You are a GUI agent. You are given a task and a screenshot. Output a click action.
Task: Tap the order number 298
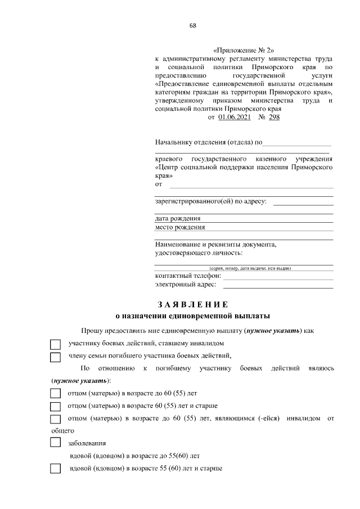pos(273,117)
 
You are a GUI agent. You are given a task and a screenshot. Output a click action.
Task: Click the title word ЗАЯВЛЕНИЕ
pos(193,305)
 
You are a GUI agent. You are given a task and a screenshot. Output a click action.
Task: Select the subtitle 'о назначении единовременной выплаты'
pos(192,316)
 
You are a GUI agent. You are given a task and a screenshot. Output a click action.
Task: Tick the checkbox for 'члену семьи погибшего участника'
pos(55,357)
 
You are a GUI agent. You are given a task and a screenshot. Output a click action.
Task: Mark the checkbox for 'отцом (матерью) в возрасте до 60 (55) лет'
pos(55,394)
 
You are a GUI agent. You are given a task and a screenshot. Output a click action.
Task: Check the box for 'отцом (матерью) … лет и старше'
pos(55,407)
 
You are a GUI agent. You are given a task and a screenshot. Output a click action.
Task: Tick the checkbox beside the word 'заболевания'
pos(55,443)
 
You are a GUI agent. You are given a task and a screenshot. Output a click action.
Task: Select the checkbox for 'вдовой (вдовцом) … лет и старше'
pos(55,469)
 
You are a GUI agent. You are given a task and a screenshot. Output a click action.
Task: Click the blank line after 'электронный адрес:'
pos(278,287)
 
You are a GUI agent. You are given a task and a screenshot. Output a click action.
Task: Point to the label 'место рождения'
pos(180,227)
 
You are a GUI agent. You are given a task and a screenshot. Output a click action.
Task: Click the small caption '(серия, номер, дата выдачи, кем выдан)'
pos(250,268)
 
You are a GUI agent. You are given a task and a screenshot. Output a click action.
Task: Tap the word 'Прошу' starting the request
pos(91,331)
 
